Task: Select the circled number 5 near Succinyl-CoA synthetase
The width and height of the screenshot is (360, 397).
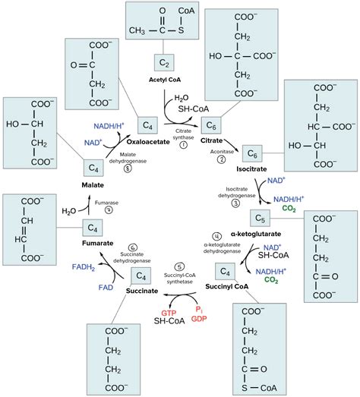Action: pyautogui.click(x=179, y=266)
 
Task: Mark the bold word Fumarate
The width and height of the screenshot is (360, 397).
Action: pyautogui.click(x=97, y=242)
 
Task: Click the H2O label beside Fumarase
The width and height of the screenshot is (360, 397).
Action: pyautogui.click(x=70, y=210)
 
